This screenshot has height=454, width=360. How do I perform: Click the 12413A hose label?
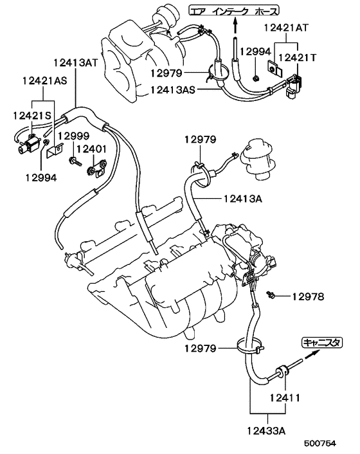coord(244,200)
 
